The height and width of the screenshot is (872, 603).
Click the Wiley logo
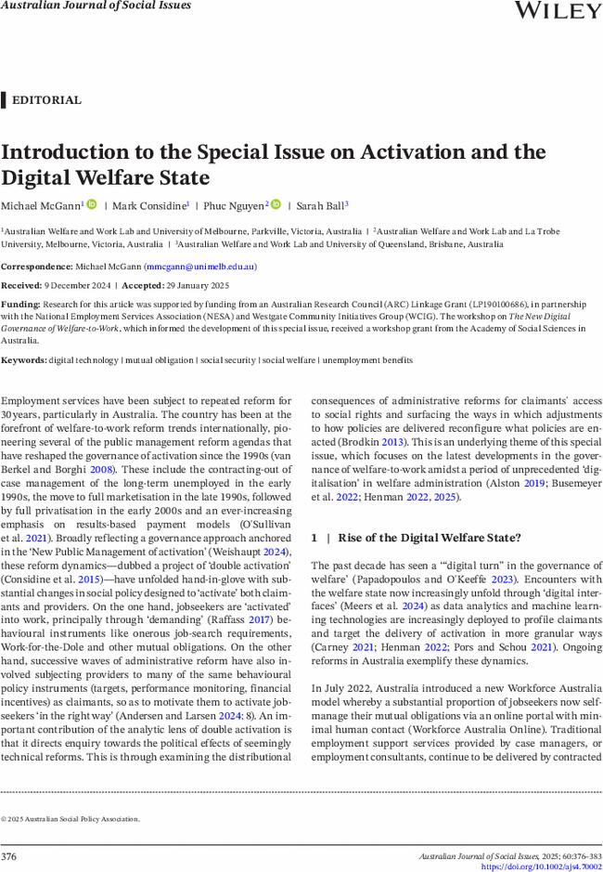pos(557,10)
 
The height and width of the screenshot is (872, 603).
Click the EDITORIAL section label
pos(46,100)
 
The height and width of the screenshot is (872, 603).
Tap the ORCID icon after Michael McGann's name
pos(92,204)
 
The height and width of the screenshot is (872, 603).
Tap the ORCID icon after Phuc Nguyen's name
pos(276,204)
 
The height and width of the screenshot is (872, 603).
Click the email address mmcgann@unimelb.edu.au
pos(199,267)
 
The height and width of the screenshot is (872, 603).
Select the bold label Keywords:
pos(23,359)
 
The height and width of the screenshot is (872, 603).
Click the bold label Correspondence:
pos(35,267)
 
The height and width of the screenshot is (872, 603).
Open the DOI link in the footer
pos(541,866)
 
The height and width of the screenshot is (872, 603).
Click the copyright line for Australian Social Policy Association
pos(71,819)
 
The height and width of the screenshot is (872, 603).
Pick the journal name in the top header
pos(96,6)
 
